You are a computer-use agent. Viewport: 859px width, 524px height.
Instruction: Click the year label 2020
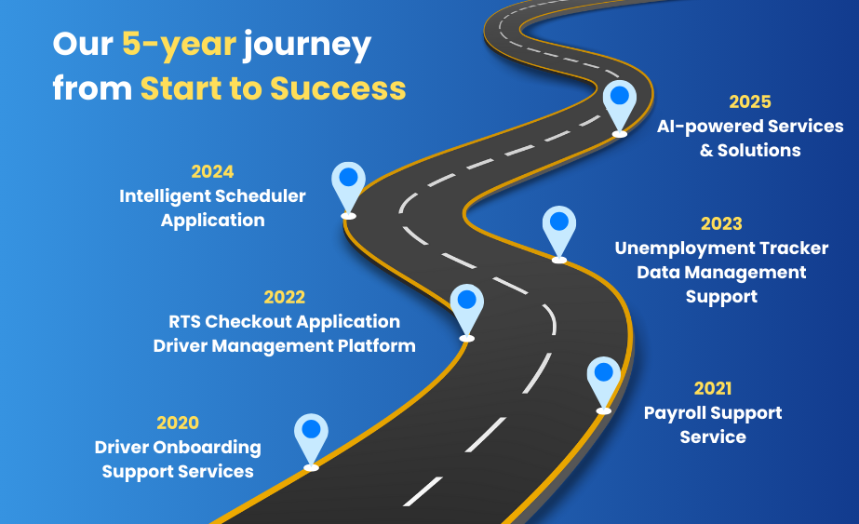(178, 423)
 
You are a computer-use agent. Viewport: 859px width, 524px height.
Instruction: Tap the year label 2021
(713, 388)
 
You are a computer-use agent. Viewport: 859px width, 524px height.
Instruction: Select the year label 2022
(285, 297)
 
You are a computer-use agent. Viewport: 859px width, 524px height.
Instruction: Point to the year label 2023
(721, 223)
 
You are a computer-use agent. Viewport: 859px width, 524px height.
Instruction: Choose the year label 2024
(212, 171)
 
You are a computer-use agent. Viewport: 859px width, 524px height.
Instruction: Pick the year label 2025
(750, 101)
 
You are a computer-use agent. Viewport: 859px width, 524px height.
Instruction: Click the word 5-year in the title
(179, 44)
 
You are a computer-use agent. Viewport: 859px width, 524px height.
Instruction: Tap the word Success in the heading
(338, 88)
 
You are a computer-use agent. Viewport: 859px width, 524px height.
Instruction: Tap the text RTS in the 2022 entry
(184, 321)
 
